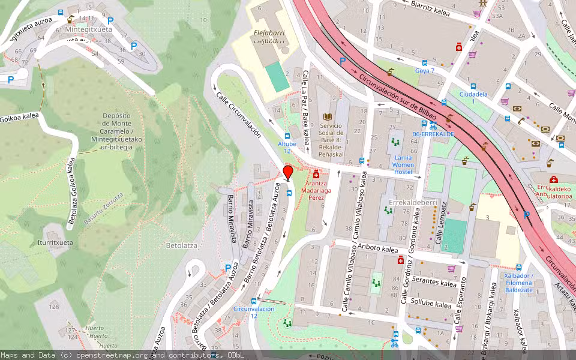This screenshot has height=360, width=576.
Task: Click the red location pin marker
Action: tap(287, 173)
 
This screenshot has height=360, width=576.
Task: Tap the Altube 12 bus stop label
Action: tap(287, 147)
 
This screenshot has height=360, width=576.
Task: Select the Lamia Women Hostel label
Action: tap(403, 164)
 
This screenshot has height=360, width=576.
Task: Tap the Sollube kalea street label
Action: tap(431, 304)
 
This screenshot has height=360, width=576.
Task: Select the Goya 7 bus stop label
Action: tap(424, 71)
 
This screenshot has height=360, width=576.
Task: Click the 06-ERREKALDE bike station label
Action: tap(433, 134)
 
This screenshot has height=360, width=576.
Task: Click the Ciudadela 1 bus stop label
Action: tap(473, 98)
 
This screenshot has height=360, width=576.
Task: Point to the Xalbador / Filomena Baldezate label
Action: tap(519, 283)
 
